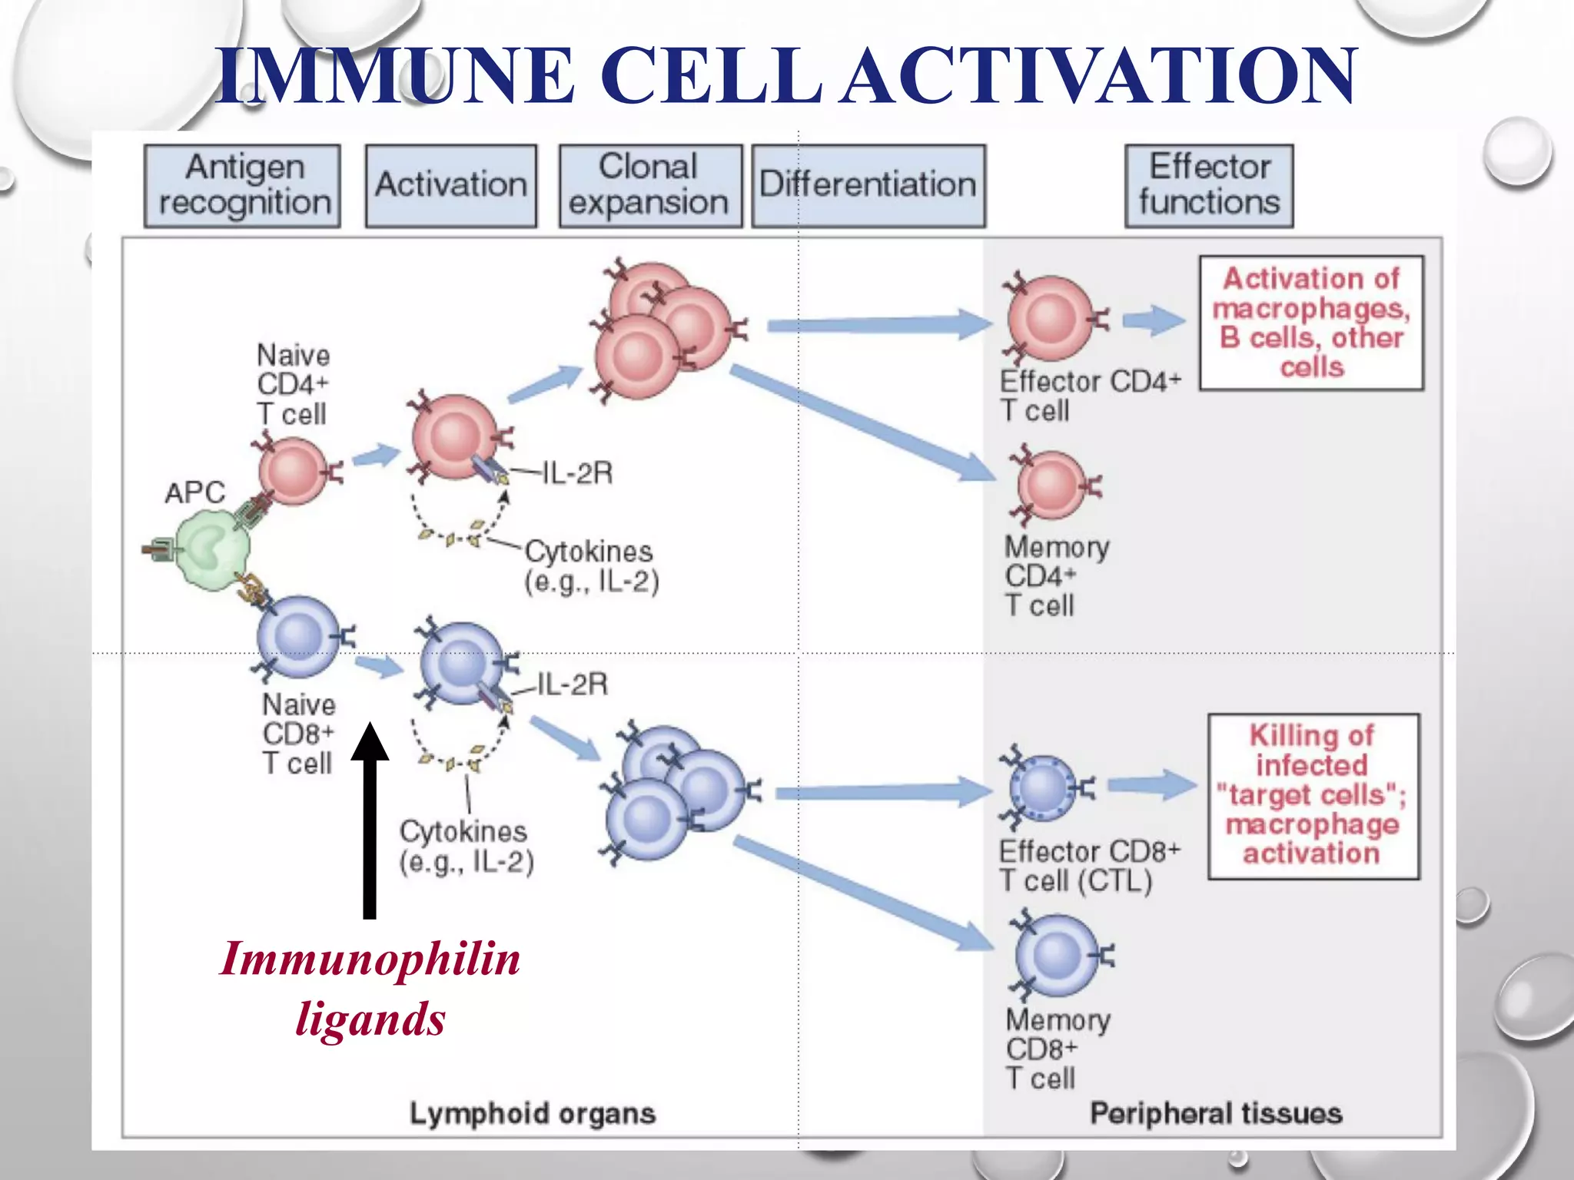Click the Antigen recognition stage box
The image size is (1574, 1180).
(242, 186)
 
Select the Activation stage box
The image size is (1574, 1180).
(451, 186)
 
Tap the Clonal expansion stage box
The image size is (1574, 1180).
(650, 186)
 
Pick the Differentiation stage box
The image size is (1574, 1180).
(868, 186)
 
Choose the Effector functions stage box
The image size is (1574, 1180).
(1209, 186)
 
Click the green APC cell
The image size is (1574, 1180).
(211, 549)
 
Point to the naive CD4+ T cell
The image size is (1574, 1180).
(293, 470)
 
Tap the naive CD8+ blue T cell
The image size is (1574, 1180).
(297, 636)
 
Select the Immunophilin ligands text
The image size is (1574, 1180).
(370, 988)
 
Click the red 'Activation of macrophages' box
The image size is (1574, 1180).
(1311, 323)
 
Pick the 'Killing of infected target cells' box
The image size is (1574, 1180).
(1313, 796)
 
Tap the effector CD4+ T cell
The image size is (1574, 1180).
(1051, 318)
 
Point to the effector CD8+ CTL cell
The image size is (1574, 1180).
(1043, 788)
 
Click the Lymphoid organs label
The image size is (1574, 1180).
(532, 1112)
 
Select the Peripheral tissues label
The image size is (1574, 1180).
(1216, 1112)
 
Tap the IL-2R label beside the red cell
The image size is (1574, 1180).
(577, 473)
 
